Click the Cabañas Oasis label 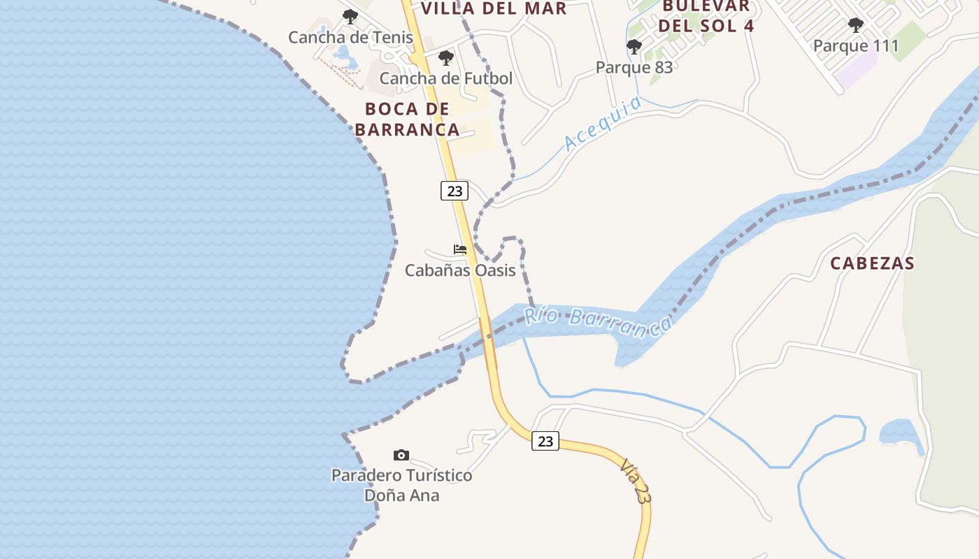click(x=460, y=270)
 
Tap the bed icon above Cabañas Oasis click(x=460, y=249)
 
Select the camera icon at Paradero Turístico click(x=401, y=456)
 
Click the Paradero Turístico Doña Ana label click(x=401, y=485)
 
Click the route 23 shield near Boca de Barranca click(x=455, y=190)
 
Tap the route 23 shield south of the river click(x=545, y=441)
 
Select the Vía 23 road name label click(x=635, y=481)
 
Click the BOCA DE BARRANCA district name click(x=407, y=119)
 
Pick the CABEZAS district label click(x=872, y=263)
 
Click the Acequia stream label click(x=603, y=123)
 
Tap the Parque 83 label click(x=634, y=67)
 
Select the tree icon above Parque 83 click(x=634, y=47)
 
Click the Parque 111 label click(x=855, y=46)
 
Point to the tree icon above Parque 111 click(x=855, y=26)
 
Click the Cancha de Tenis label click(x=350, y=37)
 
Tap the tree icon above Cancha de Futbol click(x=446, y=58)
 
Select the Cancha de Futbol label click(x=446, y=78)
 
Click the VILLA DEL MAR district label click(x=494, y=8)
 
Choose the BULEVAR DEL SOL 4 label click(x=706, y=16)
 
